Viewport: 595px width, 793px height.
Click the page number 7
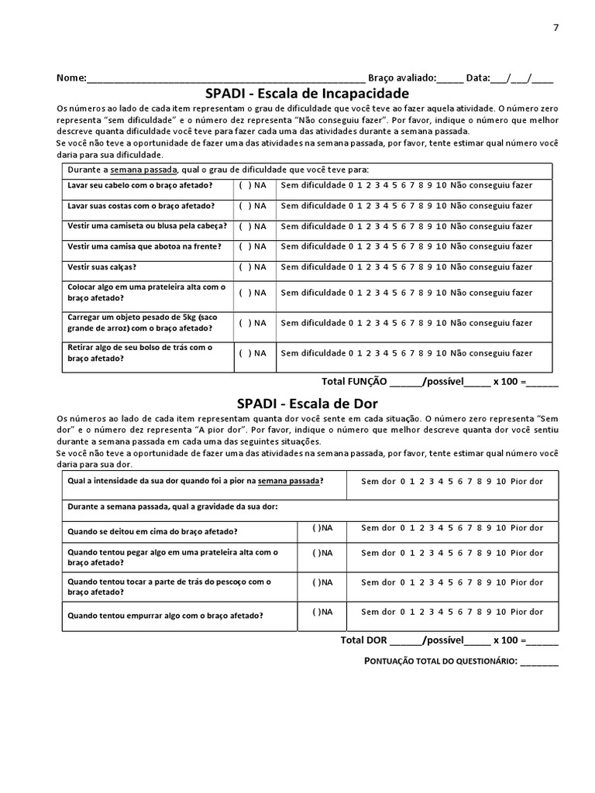coord(555,28)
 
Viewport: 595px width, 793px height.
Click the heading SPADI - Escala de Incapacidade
coord(307,93)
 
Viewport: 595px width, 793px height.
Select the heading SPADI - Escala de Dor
coord(307,403)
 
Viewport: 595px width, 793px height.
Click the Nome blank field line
coord(225,79)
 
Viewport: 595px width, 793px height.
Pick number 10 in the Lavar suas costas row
coord(441,206)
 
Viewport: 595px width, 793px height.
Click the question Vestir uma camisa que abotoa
coord(144,246)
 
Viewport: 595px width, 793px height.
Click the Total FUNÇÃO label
coord(354,382)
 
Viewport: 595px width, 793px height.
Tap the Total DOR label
coord(363,640)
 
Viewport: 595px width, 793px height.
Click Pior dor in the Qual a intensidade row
coord(527,482)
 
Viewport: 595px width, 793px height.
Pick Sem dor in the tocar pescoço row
coord(378,582)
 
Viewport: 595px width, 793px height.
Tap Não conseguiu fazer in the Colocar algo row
coord(491,293)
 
